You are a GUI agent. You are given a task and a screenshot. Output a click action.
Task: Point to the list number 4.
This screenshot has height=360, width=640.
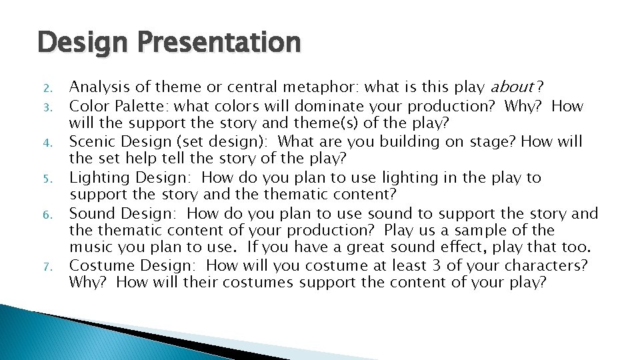[x=46, y=143]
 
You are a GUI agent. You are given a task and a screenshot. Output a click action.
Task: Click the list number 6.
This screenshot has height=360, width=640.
[x=46, y=215]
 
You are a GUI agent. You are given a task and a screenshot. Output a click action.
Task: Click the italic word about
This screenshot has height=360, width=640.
[x=511, y=87]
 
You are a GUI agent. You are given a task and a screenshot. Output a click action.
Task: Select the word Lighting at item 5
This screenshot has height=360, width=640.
[x=99, y=178]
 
